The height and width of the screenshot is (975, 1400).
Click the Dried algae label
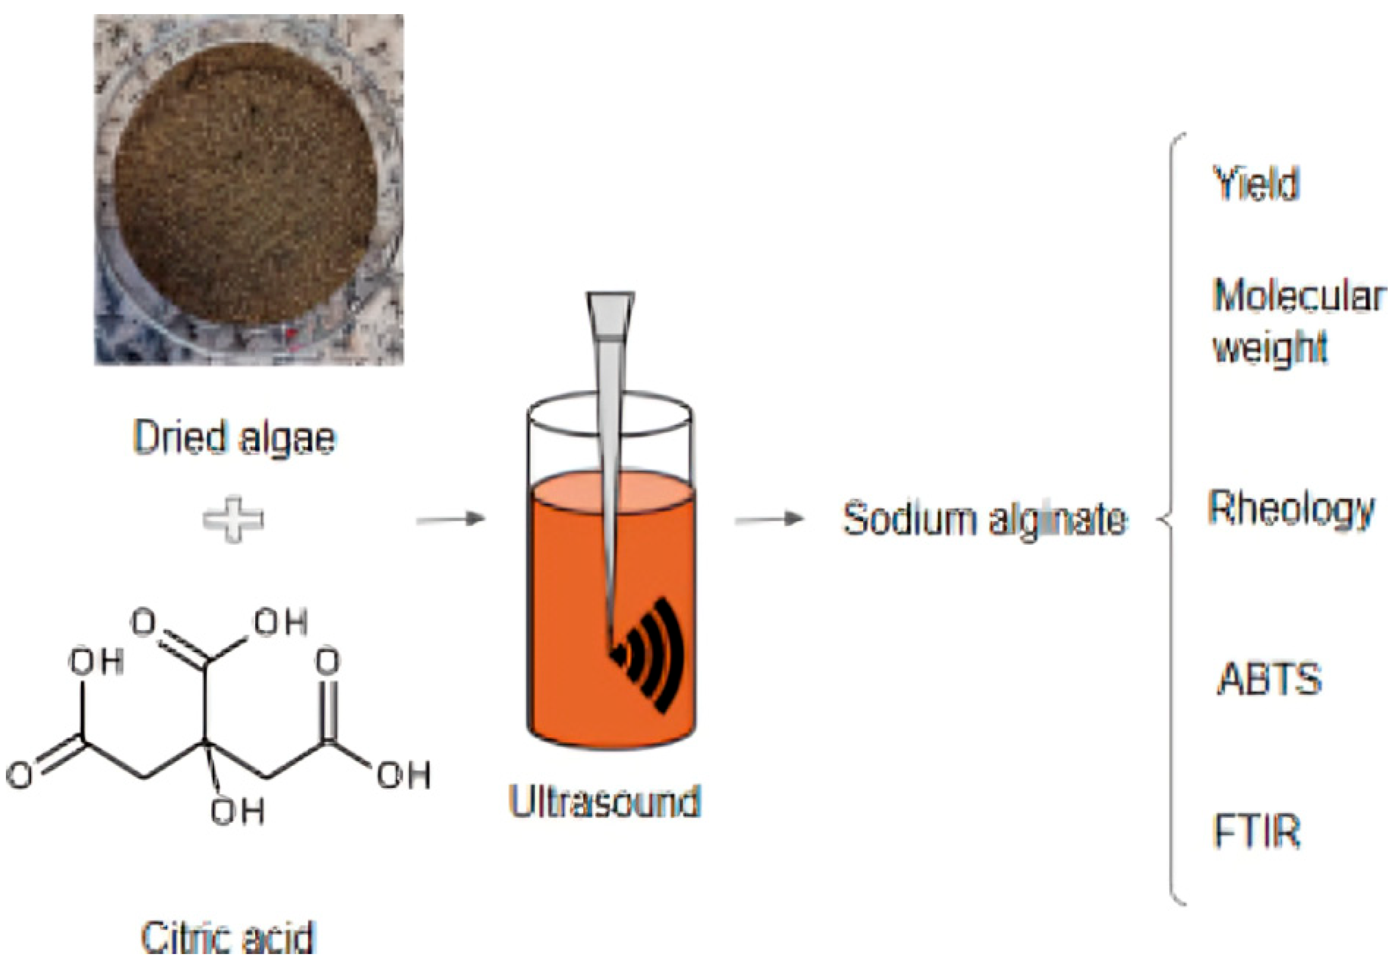(x=235, y=438)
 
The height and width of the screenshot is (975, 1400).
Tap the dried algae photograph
(x=249, y=189)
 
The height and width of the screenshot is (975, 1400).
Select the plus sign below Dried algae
(x=233, y=519)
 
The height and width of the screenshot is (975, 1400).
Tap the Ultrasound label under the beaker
(x=604, y=801)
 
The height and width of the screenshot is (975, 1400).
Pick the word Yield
(x=1256, y=183)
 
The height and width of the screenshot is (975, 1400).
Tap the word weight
(x=1270, y=348)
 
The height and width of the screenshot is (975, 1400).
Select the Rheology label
(x=1292, y=509)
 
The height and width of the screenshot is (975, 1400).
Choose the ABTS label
(x=1270, y=679)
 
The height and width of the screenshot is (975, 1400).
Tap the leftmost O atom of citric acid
(x=20, y=775)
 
